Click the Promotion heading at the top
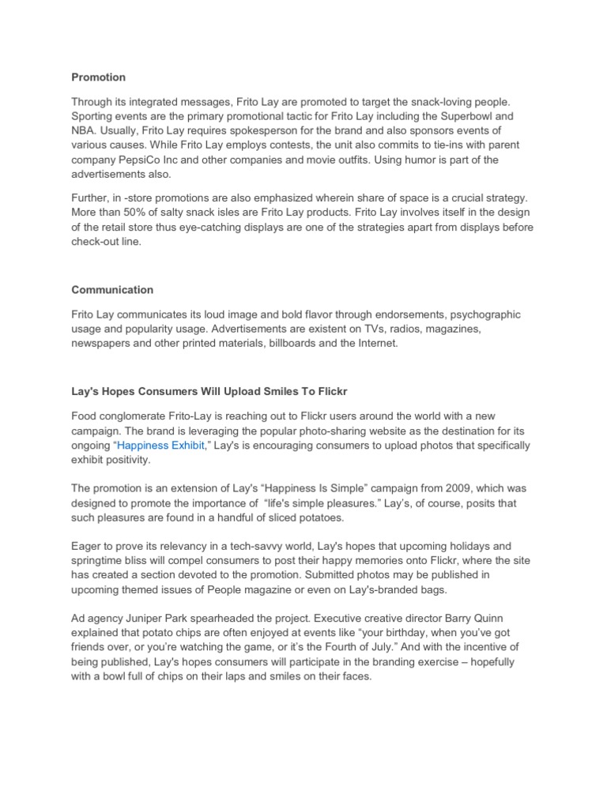pos(98,77)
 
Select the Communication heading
pos(112,289)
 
